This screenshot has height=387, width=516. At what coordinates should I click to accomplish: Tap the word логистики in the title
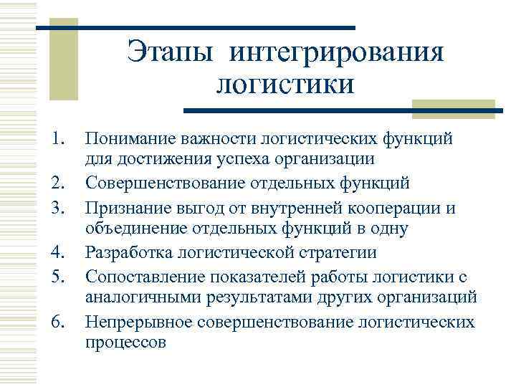tap(285, 84)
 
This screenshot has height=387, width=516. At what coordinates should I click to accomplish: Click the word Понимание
tap(130, 137)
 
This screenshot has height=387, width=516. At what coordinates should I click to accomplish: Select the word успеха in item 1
tap(283, 159)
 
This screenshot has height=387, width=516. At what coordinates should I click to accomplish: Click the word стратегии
tap(343, 252)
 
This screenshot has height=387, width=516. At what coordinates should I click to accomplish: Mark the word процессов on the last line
tap(125, 343)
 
